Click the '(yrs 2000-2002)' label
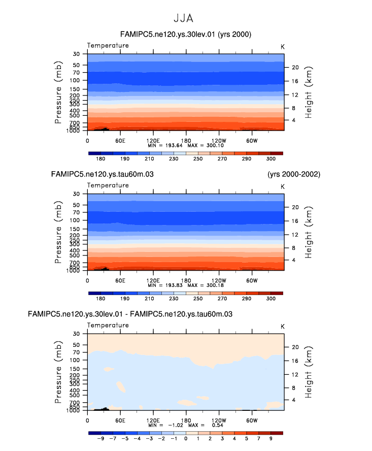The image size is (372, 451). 294,174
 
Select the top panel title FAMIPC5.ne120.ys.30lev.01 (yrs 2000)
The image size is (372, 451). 186,35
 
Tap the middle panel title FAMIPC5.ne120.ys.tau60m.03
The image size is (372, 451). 103,174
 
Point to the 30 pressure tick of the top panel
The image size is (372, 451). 77,54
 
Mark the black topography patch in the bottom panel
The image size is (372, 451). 103,408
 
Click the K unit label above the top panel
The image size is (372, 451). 283,46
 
